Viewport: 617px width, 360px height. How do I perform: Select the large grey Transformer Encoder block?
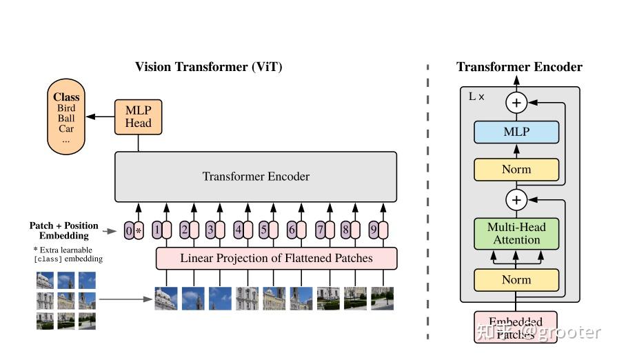(256, 177)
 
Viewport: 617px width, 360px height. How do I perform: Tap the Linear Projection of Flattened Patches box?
(276, 259)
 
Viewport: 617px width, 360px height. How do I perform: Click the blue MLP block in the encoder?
(516, 132)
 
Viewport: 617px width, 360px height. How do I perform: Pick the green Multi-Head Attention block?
(516, 233)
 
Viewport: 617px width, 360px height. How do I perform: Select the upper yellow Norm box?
(516, 169)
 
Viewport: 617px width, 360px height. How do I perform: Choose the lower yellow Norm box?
(516, 279)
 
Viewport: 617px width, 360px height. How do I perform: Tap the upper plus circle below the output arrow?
(516, 103)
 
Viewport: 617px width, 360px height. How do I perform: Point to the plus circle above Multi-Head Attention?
(516, 201)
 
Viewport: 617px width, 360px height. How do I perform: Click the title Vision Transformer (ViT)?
(208, 67)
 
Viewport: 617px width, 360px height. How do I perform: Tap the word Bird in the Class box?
(67, 108)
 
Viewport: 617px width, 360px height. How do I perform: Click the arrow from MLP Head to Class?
(105, 117)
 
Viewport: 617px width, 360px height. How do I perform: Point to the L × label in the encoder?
(476, 97)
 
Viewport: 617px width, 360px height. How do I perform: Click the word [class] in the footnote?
(48, 259)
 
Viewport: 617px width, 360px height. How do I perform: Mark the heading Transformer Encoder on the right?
(519, 67)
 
